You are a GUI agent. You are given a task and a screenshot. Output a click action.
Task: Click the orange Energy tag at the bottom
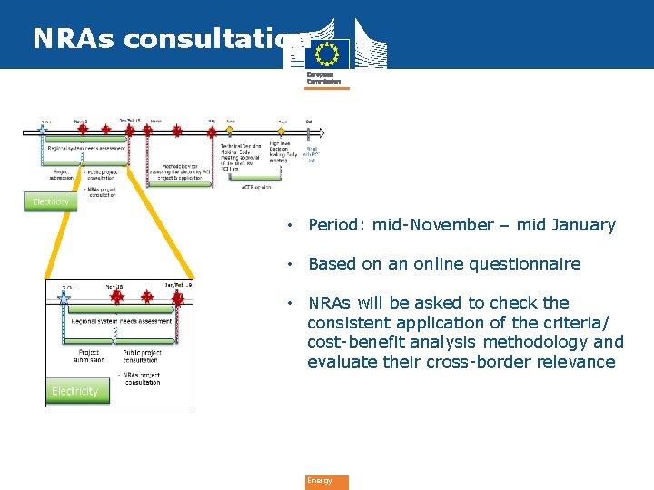pyautogui.click(x=326, y=482)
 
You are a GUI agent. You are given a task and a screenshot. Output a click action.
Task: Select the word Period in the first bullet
pyautogui.click(x=331, y=225)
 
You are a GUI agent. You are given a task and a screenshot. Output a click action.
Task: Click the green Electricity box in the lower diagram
pyautogui.click(x=75, y=391)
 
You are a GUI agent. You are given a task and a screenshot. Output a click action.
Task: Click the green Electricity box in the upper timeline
pyautogui.click(x=51, y=201)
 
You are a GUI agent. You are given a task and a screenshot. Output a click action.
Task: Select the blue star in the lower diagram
pyautogui.click(x=64, y=296)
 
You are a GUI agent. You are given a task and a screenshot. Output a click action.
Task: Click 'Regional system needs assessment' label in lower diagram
pyautogui.click(x=122, y=321)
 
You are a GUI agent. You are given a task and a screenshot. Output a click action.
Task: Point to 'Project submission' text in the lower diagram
pyautogui.click(x=89, y=356)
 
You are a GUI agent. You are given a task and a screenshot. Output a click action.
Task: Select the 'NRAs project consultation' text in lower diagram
pyautogui.click(x=143, y=378)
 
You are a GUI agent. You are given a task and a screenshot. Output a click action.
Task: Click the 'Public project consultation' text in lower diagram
pyautogui.click(x=140, y=356)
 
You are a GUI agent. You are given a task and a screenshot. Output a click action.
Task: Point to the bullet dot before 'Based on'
pyautogui.click(x=288, y=264)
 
